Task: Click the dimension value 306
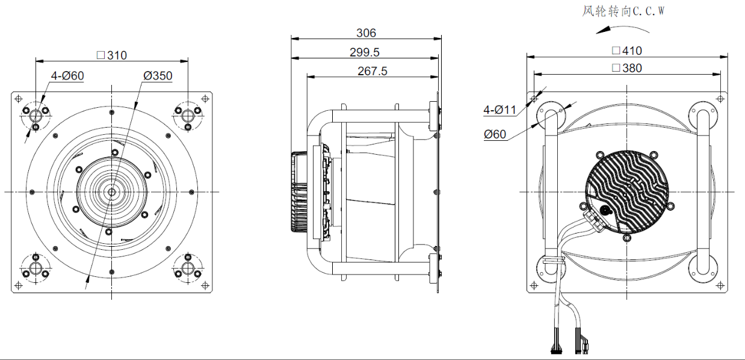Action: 366,33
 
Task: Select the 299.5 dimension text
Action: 365,52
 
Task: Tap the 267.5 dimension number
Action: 372,71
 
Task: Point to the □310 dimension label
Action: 112,55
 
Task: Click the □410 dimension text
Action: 627,51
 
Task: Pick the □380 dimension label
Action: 627,68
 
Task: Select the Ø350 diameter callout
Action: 158,76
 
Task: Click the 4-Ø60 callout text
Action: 67,76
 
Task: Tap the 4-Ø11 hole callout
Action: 499,110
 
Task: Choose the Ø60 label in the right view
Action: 495,134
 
